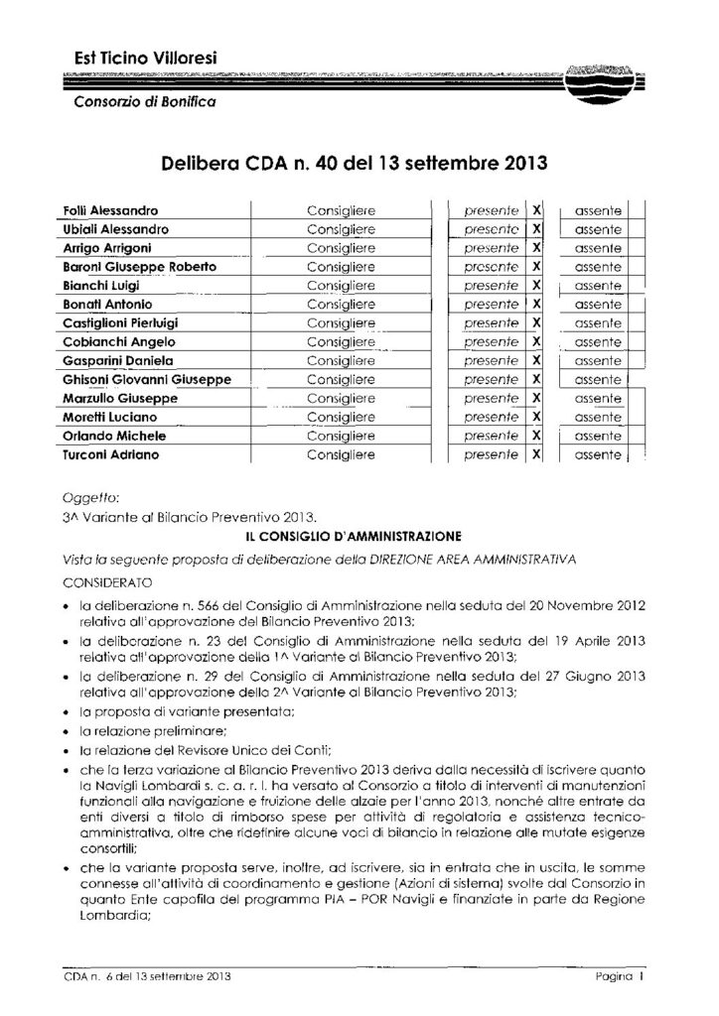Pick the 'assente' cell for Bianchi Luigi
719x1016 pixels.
point(598,286)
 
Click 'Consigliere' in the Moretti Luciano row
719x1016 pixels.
point(341,418)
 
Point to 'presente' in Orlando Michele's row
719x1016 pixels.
point(492,437)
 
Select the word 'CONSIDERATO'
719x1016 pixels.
point(104,576)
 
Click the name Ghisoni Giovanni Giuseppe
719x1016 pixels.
point(140,380)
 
